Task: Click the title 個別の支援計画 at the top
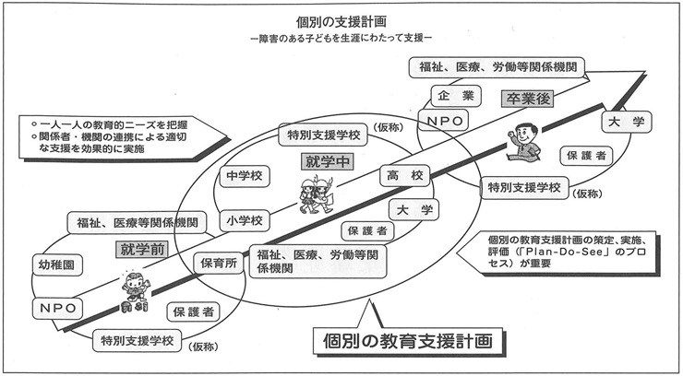pyautogui.click(x=342, y=20)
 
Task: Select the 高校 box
pyautogui.click(x=404, y=175)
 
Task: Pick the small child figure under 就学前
pyautogui.click(x=134, y=290)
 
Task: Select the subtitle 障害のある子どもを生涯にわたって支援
pyautogui.click(x=341, y=41)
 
